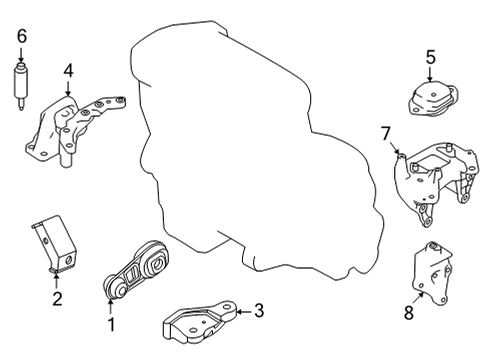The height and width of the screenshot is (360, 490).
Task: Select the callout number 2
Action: coord(57,297)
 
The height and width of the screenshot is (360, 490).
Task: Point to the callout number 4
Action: coord(68,70)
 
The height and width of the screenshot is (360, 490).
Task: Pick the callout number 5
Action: coord(430,57)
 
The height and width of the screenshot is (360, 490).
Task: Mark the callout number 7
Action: coord(385,133)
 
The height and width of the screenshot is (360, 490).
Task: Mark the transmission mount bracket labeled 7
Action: coord(435,180)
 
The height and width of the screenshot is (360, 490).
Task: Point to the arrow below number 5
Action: coord(430,76)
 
